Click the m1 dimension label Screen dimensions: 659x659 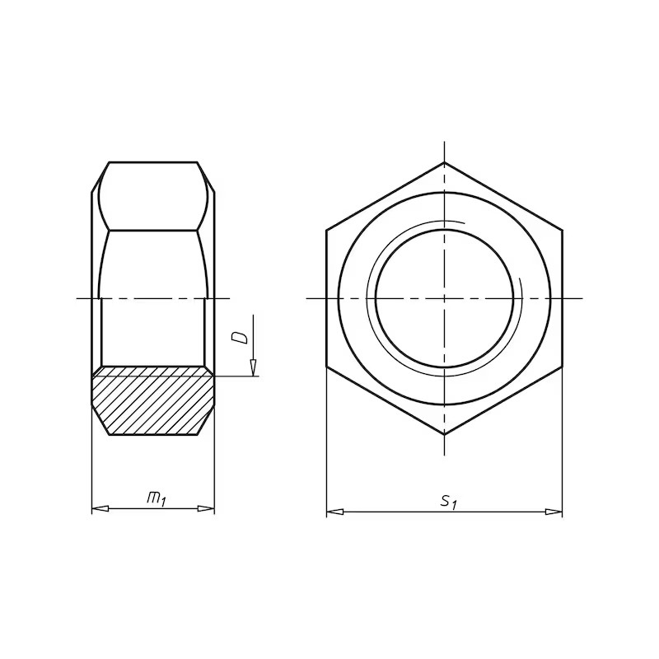[x=157, y=499]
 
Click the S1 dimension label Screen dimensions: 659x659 [x=448, y=502]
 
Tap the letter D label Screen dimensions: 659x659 [x=240, y=338]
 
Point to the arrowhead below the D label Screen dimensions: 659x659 [x=253, y=367]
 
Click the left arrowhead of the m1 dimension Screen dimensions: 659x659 [x=100, y=508]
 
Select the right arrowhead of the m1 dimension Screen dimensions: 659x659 [x=206, y=508]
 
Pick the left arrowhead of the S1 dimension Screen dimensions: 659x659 [x=335, y=512]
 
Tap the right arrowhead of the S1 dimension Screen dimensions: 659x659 [x=554, y=512]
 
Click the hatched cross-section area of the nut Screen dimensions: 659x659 [x=153, y=400]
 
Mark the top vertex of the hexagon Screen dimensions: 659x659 [x=444, y=162]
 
